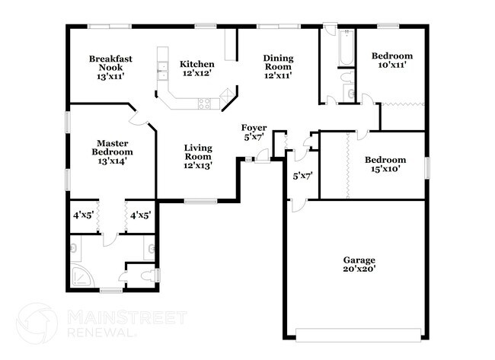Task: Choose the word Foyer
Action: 254,127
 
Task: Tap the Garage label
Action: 359,260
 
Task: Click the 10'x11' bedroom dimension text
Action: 391,65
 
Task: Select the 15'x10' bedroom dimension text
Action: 385,170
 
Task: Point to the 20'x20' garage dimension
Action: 359,269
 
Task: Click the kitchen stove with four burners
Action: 204,104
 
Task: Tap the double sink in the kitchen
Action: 163,72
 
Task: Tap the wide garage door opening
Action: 358,331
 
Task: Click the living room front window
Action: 200,201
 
